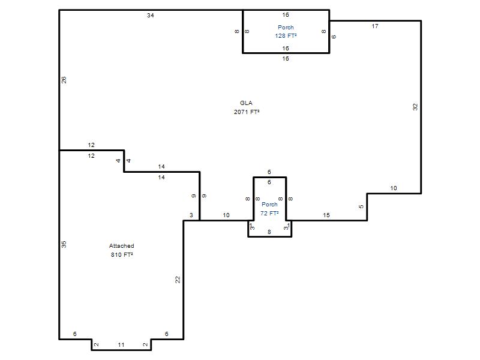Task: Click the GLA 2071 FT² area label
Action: pos(247,107)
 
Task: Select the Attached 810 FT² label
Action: pos(122,250)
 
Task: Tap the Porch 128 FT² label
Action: pos(286,32)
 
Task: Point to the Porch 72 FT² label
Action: pos(269,209)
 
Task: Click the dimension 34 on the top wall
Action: pos(151,16)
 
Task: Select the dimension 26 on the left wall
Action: pos(64,80)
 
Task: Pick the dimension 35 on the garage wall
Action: pos(64,244)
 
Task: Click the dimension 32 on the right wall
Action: pos(415,107)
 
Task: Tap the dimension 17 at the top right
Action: pos(375,26)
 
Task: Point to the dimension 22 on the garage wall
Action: pos(178,280)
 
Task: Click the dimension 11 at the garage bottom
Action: pos(121,345)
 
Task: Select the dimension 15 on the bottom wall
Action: pos(326,215)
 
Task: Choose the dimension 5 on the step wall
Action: pos(361,206)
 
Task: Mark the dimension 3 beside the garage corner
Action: pos(191,215)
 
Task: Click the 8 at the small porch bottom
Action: pos(269,232)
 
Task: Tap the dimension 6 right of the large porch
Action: pos(334,37)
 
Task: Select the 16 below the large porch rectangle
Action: pos(286,58)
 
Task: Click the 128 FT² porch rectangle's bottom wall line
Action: pos(286,53)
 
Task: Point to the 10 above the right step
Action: pos(394,188)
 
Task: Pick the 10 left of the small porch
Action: pos(226,215)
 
